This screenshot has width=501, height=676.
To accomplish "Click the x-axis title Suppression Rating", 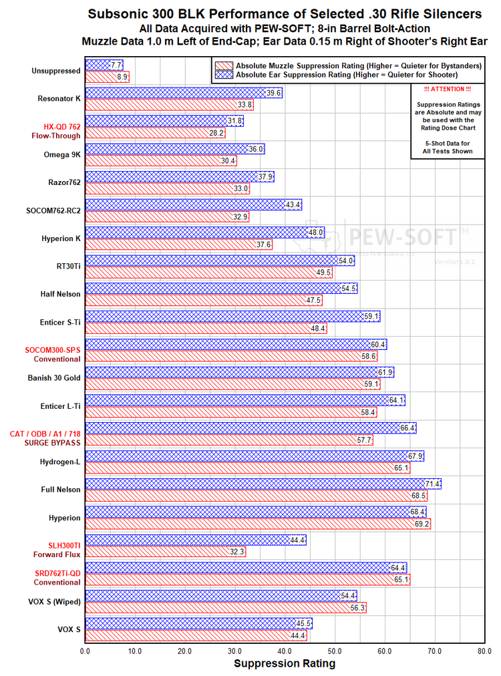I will (x=285, y=664).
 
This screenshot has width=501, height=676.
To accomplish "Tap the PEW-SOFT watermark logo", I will (x=401, y=236).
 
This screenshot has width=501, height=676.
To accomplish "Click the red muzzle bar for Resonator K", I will (x=168, y=105).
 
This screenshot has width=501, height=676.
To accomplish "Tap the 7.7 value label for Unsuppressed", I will (x=116, y=65).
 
